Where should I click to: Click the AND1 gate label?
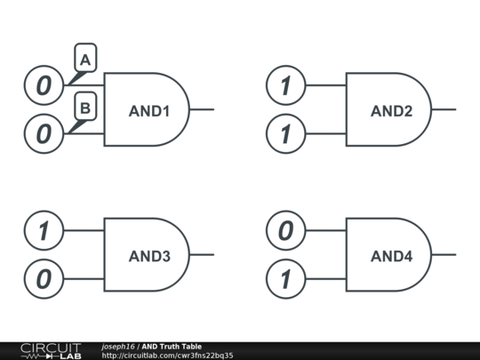click(x=148, y=111)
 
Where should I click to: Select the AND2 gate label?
click(x=391, y=111)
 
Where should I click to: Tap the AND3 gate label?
click(x=149, y=256)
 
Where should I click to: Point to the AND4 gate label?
click(x=391, y=256)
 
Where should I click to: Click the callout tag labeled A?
click(x=85, y=60)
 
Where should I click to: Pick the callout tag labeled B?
click(x=85, y=108)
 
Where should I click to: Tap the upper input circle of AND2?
click(x=285, y=86)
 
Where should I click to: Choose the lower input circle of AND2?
click(x=285, y=135)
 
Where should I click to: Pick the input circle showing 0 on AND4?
click(x=285, y=231)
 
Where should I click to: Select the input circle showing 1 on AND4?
click(x=285, y=280)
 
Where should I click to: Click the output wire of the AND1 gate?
click(x=203, y=110)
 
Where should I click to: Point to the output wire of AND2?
click(x=444, y=110)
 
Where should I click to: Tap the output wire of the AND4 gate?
click(x=444, y=255)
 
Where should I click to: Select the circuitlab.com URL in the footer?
click(x=167, y=356)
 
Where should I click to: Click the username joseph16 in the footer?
click(x=117, y=346)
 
